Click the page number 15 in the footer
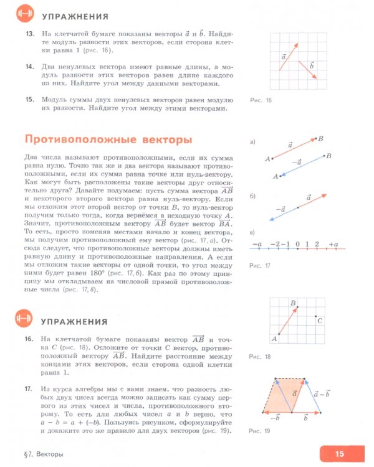click(339, 453)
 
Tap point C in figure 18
click(319, 321)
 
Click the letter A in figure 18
click(274, 339)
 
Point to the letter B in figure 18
click(292, 302)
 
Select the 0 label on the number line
click(297, 243)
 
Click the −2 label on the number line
click(276, 243)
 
